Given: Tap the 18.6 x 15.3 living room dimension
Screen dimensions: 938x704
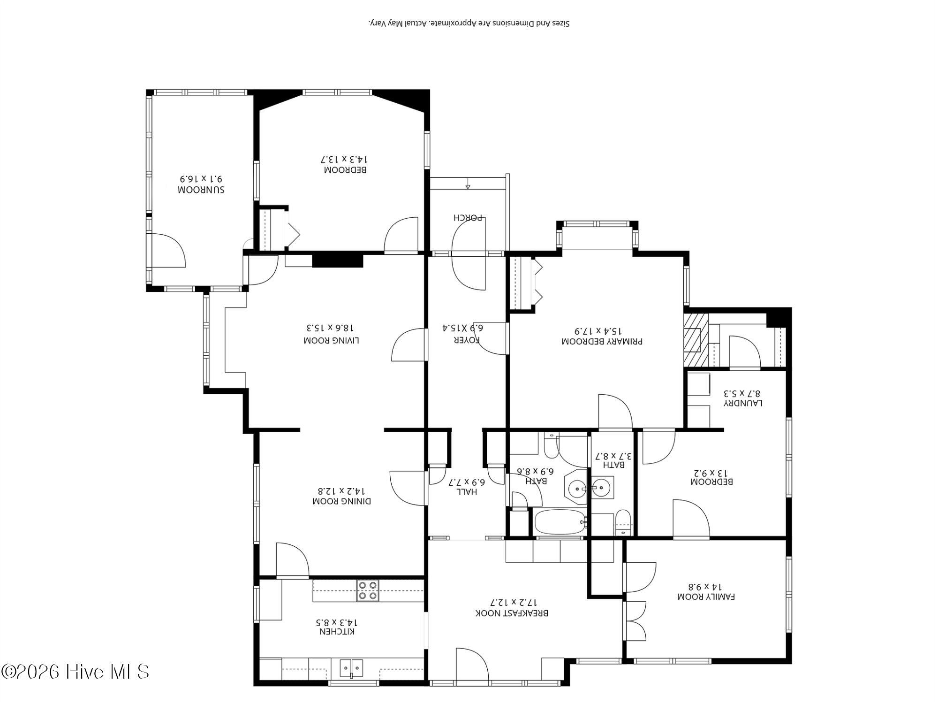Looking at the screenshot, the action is (332, 328).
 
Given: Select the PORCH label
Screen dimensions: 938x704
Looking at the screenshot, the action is (469, 218).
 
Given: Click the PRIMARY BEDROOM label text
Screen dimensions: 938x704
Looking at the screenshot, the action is (602, 342).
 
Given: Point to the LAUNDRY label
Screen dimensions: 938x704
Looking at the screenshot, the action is (743, 403).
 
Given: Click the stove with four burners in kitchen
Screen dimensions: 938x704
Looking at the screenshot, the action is (368, 591).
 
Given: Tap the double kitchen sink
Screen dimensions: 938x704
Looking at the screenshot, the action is (351, 667).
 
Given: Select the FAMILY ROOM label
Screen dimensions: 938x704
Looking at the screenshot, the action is (706, 597).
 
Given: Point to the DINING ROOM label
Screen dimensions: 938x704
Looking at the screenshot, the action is (342, 501).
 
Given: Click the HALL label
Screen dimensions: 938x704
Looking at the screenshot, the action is (467, 492).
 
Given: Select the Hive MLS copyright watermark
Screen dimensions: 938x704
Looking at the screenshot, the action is (75, 672).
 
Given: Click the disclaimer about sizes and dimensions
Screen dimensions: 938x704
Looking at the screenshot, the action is (469, 23).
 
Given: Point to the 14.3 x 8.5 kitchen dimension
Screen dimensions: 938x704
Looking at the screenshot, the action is (337, 622).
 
